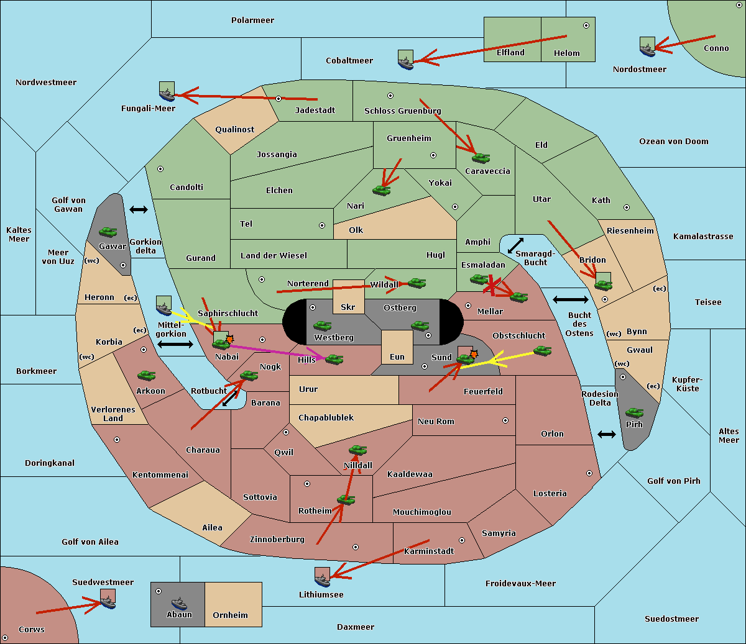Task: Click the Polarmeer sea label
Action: (252, 20)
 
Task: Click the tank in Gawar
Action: (108, 232)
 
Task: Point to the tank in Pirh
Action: (634, 412)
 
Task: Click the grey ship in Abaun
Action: (179, 603)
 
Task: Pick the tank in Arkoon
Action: (146, 375)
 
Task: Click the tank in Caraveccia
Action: (481, 158)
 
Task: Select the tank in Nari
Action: (382, 190)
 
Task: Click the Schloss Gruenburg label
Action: (402, 111)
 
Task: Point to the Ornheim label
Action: (230, 615)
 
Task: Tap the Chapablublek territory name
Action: (326, 417)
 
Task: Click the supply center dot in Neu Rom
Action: (505, 420)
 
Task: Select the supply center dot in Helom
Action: (586, 25)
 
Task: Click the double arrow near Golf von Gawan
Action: (139, 209)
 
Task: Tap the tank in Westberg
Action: (322, 325)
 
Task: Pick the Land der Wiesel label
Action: (274, 256)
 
